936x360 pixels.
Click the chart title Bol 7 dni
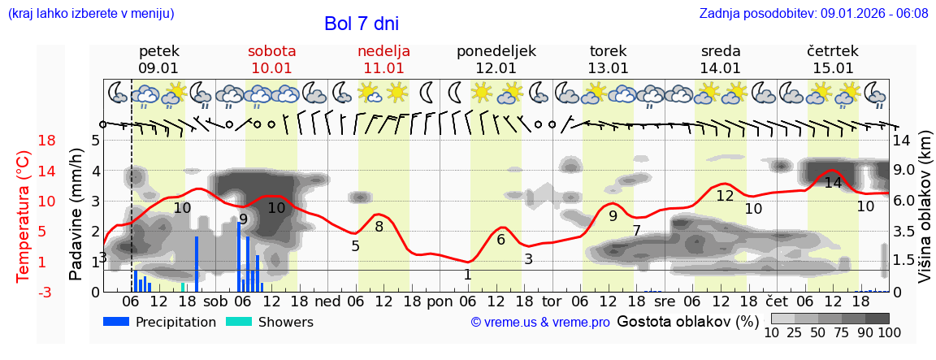point(362,24)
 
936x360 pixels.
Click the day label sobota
point(271,51)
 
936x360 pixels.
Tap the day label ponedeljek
point(496,51)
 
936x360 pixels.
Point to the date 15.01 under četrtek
point(833,68)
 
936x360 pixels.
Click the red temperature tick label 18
point(24,141)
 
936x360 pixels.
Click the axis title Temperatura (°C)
point(24,216)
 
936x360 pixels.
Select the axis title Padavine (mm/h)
point(76,215)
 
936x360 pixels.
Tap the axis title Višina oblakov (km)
point(925,216)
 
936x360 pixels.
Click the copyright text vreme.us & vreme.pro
point(540,323)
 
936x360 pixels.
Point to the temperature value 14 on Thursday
point(833,183)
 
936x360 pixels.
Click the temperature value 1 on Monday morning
point(467,275)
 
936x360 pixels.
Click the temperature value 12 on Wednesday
point(725,196)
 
